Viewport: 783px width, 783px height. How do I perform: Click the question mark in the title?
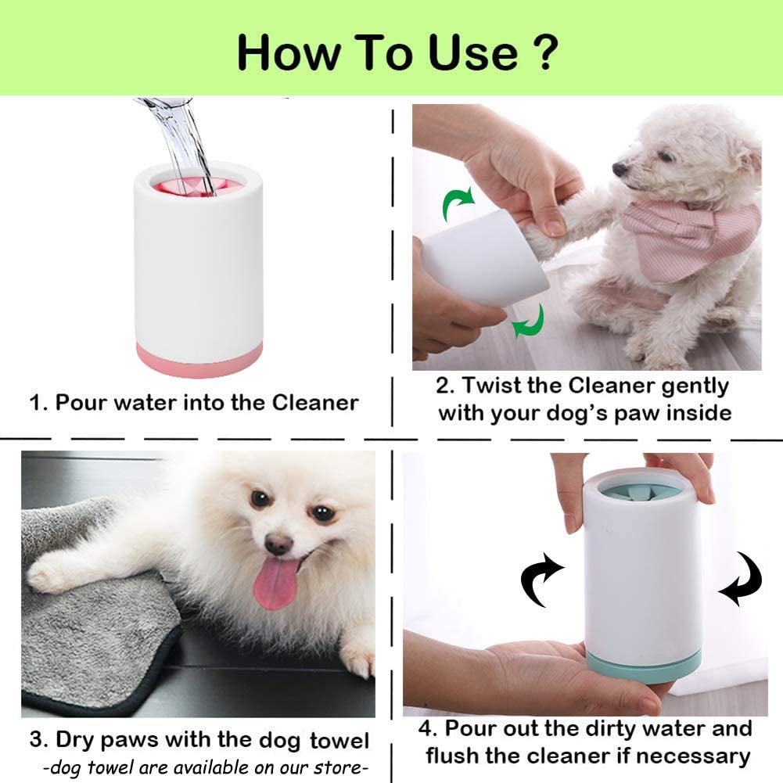(544, 52)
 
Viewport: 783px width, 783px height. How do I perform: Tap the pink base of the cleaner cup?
(199, 361)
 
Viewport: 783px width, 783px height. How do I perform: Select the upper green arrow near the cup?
(457, 205)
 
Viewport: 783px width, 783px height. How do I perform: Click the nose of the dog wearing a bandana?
(619, 169)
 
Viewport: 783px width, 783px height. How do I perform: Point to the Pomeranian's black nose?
(278, 544)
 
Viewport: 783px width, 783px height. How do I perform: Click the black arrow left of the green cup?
(542, 580)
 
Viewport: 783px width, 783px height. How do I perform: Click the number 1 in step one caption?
(35, 404)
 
